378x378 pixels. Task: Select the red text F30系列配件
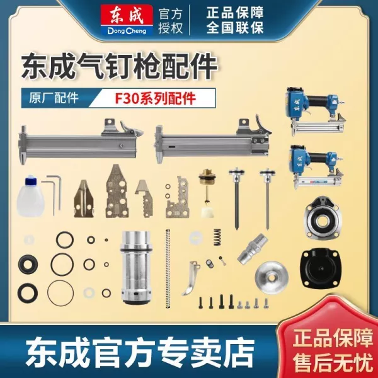[155, 98]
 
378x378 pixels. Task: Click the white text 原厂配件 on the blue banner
[54, 98]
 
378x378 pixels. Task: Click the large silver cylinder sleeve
[135, 268]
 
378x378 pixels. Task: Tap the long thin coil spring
[168, 268]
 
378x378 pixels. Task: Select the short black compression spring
[217, 238]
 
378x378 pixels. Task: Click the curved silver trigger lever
[191, 278]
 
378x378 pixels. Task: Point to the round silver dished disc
[272, 277]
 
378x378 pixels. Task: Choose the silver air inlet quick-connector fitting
[252, 249]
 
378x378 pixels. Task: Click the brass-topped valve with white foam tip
[207, 193]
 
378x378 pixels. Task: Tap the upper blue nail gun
[316, 110]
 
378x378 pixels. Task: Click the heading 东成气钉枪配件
[119, 66]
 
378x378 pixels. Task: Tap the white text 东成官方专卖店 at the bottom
[140, 352]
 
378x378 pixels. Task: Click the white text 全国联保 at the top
[235, 27]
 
